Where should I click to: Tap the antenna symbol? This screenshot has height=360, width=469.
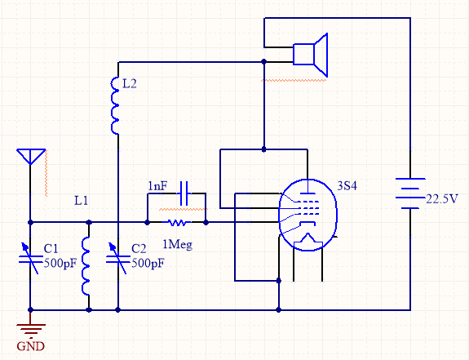31,157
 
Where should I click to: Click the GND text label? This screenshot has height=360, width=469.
30,346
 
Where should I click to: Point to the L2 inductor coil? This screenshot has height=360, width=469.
115,105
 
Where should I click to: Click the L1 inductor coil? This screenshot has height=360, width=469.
86,266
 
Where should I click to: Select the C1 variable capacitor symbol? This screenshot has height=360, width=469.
31,259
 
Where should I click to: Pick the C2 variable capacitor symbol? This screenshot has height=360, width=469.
118,259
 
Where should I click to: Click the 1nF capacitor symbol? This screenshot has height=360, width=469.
184,193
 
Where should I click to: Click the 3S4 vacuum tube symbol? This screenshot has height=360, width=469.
308,215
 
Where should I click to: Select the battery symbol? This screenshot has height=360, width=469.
410,193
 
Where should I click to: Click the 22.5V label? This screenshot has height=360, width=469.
442,199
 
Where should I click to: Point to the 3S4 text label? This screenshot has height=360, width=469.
347,186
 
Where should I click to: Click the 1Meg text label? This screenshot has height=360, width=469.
177,245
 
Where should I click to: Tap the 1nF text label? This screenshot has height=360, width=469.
157,186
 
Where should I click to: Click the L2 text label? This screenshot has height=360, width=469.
130,83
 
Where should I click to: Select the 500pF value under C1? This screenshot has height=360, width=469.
60,264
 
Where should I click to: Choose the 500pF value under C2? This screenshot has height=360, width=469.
148,264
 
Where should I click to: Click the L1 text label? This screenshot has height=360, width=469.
81,201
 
